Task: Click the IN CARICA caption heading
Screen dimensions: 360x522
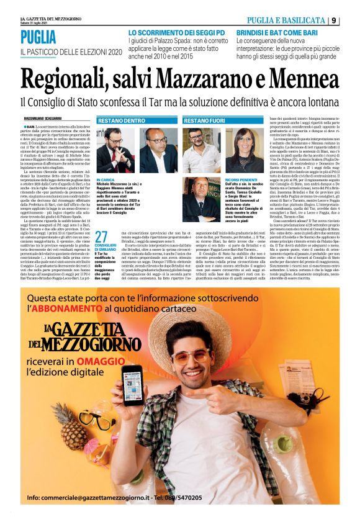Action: tap(106, 179)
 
